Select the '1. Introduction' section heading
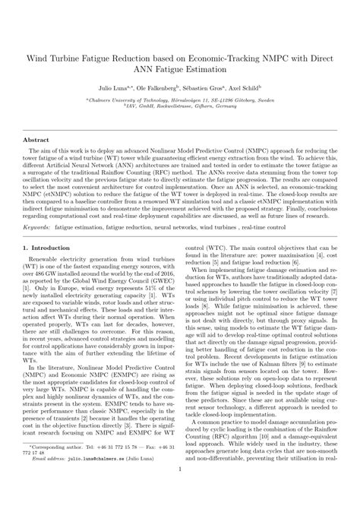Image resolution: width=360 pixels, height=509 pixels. tap(50, 248)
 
